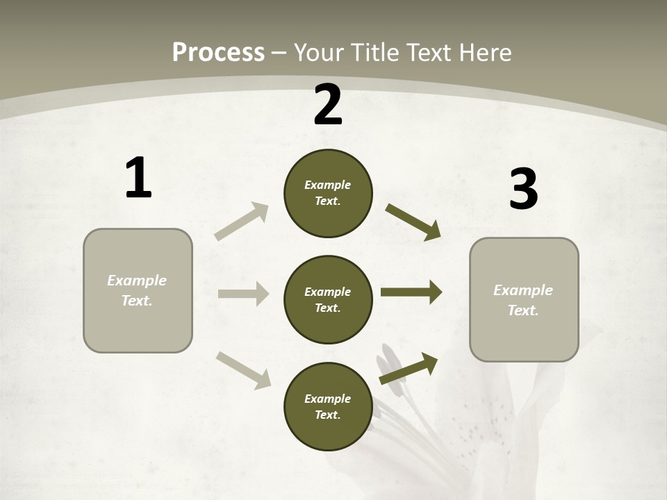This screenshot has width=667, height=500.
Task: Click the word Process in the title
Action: tap(218, 53)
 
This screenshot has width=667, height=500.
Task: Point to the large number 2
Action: tap(328, 105)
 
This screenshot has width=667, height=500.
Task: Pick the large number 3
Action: tap(523, 190)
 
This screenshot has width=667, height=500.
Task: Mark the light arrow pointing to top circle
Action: tap(242, 221)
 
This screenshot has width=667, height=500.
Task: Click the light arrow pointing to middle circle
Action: tap(243, 294)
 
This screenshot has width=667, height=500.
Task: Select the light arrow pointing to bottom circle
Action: tap(243, 369)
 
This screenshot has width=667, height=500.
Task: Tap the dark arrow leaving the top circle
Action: tap(413, 222)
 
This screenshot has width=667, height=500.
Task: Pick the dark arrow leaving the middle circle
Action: tap(411, 292)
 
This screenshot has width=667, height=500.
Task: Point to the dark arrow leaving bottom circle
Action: tap(409, 368)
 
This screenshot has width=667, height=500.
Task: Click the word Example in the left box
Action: tap(137, 281)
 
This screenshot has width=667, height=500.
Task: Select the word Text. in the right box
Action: tap(523, 310)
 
